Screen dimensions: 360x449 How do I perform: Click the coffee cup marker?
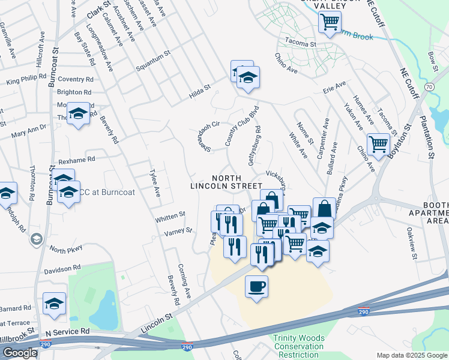pos(257,286)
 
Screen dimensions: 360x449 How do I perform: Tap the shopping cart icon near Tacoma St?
pos(330,22)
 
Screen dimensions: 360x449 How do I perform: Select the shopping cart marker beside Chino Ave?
pos(378,144)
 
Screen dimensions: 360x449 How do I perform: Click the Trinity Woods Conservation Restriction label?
pos(298,346)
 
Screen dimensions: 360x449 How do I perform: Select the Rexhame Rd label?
pos(77,160)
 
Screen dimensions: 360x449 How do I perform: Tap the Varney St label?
pos(179,230)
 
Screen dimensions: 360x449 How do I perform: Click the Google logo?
pos(19,353)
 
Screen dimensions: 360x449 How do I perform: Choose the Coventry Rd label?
pos(76,79)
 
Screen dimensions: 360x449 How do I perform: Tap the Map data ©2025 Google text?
pos(411,355)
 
